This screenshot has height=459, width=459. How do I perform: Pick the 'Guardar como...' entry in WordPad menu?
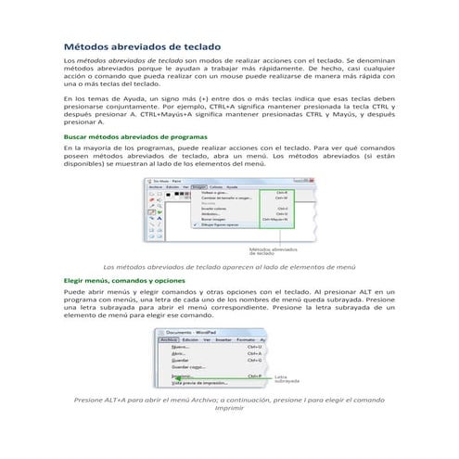click(x=188, y=367)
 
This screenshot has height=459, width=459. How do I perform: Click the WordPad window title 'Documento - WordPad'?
click(x=193, y=331)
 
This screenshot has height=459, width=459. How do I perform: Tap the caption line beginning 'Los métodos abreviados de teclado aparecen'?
click(x=229, y=266)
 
